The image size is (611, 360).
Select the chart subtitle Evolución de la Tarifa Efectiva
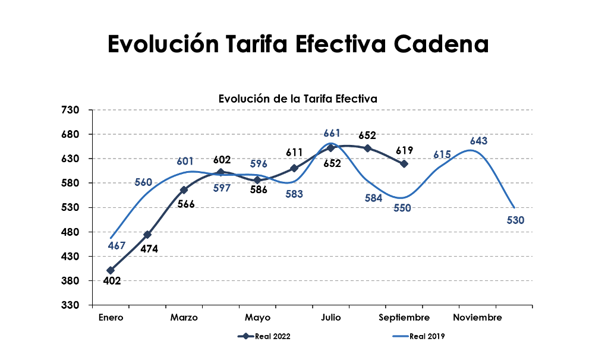point(297,99)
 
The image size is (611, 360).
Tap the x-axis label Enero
point(111,318)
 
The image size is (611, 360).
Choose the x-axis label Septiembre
point(404,318)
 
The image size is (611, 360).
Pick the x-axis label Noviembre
point(477,318)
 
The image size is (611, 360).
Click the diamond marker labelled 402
point(111,270)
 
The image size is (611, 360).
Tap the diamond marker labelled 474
point(147,235)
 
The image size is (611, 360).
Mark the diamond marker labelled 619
point(404,164)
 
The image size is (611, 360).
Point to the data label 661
point(332,133)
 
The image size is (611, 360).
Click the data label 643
point(478,141)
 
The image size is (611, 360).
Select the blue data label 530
point(515,220)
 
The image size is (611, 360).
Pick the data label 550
point(402,208)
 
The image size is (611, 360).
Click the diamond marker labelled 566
point(184,190)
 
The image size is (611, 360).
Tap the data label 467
point(117,245)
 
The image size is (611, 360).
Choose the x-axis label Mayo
point(257,318)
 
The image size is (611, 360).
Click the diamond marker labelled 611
point(294,168)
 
